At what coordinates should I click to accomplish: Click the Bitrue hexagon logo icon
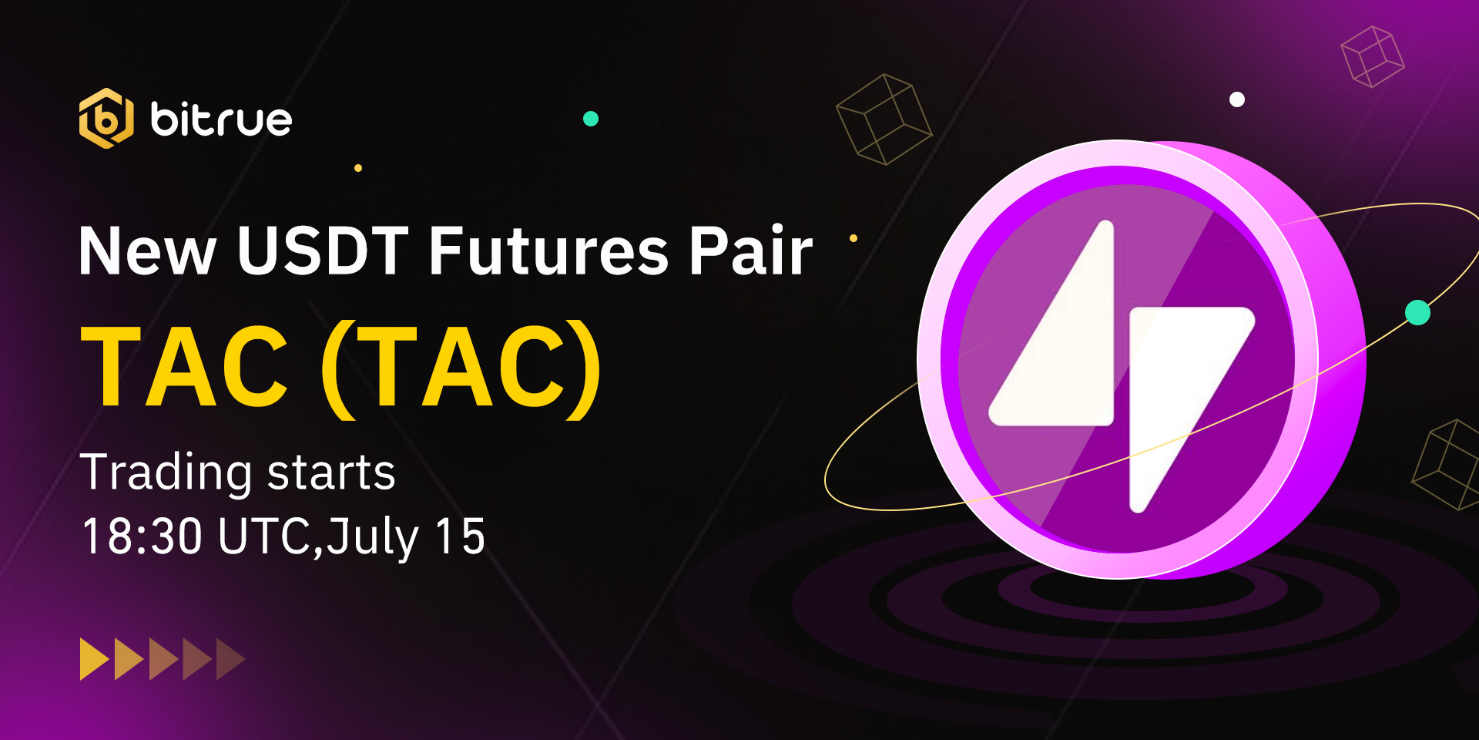coord(106,118)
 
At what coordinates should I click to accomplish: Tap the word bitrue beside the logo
coord(221,119)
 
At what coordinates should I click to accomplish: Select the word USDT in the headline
coord(323,251)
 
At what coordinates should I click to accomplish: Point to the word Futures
coord(548,251)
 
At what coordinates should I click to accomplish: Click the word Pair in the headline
coord(751,251)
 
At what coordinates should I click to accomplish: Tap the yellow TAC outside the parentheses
coord(185,366)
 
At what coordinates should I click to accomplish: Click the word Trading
coord(166,473)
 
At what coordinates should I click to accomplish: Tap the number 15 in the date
coord(461,536)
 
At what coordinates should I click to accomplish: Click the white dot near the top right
coord(1237,99)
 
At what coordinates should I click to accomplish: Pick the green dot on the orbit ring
coord(1417,312)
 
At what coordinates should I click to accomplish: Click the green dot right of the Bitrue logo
coord(591,119)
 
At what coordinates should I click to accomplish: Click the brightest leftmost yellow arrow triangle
coord(95,659)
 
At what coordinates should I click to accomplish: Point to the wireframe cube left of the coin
coord(884,119)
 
